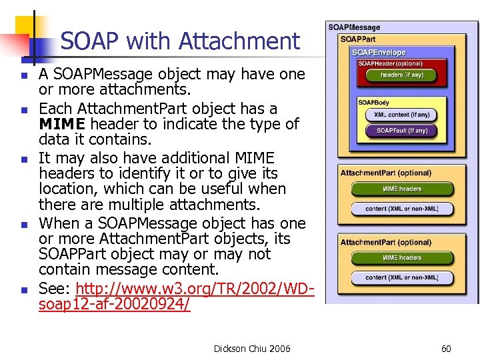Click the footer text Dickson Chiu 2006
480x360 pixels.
coord(252,348)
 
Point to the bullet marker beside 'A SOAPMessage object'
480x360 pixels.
coord(24,75)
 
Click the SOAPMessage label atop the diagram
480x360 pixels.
coord(353,27)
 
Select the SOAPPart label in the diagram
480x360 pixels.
coord(358,39)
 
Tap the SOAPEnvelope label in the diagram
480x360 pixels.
coord(378,52)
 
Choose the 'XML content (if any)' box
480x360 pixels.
coord(401,115)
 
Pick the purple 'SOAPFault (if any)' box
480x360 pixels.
coord(401,131)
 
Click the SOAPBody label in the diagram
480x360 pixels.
coord(374,103)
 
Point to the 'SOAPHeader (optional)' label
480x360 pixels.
coord(390,63)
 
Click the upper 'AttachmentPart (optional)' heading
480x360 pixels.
coord(385,173)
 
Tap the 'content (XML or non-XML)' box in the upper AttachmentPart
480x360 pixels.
coord(401,209)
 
